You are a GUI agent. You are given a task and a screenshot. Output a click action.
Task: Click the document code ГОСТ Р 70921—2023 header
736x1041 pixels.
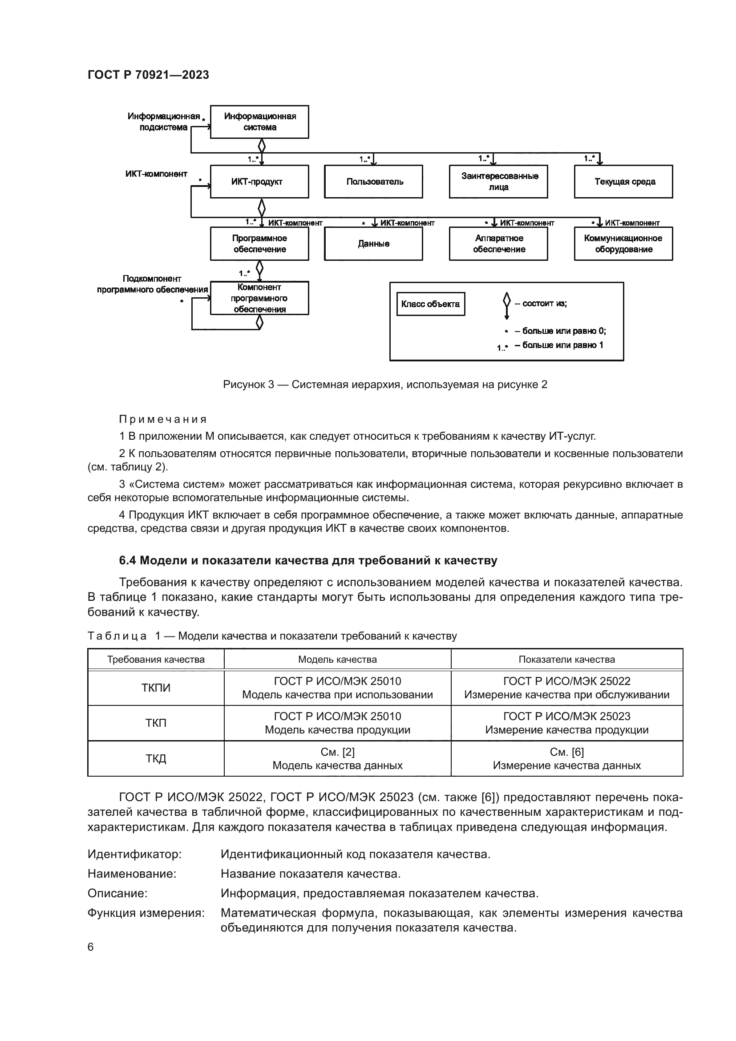tap(148, 75)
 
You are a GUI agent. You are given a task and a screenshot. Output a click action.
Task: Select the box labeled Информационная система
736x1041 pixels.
tap(259, 122)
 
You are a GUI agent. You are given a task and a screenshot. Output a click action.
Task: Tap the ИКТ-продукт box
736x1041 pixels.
tap(259, 182)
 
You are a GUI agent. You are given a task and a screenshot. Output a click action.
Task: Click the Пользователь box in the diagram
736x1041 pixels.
tap(374, 182)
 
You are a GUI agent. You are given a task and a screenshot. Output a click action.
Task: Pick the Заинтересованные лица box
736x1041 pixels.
tap(498, 182)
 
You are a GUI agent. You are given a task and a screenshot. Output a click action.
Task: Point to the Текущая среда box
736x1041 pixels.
tap(623, 182)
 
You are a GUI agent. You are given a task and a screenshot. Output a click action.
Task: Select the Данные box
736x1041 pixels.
tap(374, 244)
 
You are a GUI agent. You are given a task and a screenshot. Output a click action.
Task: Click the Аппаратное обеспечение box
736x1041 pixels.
tap(498, 244)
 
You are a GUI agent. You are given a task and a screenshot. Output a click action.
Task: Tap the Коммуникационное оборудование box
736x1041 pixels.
tap(623, 244)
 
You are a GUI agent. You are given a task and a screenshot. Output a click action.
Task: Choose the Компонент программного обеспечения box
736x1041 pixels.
tap(259, 298)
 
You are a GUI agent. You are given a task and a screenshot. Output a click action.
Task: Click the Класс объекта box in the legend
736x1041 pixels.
tap(431, 304)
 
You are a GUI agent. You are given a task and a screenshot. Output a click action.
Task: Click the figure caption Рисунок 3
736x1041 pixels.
tap(385, 385)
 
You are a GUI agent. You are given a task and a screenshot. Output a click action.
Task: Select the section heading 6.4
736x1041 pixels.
tap(308, 561)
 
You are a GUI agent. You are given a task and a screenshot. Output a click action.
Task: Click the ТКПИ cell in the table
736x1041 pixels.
tap(156, 688)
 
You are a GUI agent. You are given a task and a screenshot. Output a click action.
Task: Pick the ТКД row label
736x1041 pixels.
tap(156, 758)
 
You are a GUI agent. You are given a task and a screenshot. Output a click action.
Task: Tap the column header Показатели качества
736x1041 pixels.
tap(566, 659)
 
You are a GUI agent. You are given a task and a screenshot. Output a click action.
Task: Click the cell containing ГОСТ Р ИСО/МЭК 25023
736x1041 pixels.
tap(566, 723)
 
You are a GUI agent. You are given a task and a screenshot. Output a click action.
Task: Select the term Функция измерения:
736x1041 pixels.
tap(146, 913)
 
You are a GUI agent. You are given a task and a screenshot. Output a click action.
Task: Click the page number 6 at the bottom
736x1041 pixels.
tap(91, 947)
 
